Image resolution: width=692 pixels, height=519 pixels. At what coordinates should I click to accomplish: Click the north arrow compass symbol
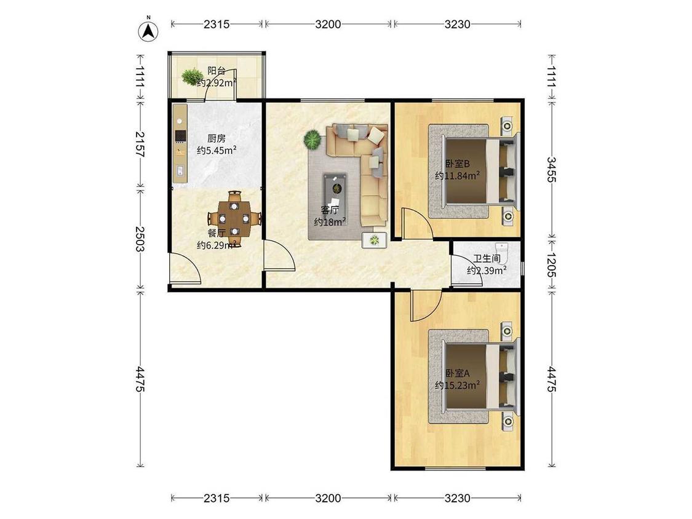[149, 31]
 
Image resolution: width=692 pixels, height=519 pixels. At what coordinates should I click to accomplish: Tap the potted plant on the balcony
[191, 76]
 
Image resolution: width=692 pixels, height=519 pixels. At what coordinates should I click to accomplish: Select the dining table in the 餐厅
[234, 218]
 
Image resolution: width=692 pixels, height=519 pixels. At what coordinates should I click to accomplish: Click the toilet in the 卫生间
[502, 250]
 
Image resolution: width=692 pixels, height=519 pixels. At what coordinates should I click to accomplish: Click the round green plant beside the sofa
[313, 140]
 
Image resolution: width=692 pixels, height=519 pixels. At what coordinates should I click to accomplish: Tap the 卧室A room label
[458, 373]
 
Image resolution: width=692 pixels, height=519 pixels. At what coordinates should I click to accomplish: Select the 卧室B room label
[458, 164]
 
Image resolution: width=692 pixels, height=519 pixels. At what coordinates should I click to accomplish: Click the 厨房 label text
[217, 138]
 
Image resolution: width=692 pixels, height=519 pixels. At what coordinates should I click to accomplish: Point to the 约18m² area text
[330, 221]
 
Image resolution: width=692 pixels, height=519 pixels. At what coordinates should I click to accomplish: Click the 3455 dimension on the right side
[552, 170]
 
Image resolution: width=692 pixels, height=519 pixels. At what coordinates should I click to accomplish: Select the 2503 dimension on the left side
[140, 239]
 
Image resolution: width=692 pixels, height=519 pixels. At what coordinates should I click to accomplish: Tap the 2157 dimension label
[140, 145]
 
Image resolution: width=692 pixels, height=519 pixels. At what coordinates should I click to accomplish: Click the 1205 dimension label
[552, 264]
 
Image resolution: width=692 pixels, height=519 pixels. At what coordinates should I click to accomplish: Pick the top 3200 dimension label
[328, 24]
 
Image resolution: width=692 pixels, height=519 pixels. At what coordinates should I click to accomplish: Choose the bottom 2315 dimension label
[217, 498]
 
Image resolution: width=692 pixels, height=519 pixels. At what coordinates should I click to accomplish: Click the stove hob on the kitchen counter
[180, 137]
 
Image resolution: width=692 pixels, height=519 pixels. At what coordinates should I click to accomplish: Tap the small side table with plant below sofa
[374, 240]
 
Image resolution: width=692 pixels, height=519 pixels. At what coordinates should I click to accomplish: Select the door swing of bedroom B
[416, 223]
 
